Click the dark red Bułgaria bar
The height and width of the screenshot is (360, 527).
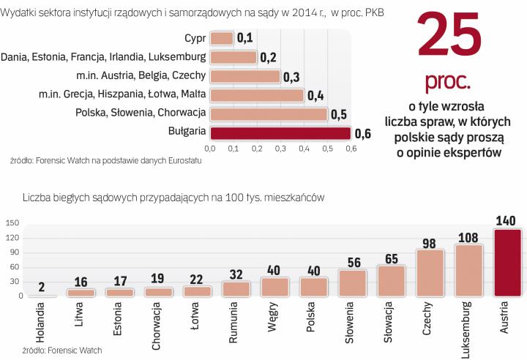(x=280, y=132)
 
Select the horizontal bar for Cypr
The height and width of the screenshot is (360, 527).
(x=222, y=38)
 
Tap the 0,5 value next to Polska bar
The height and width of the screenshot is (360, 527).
(x=338, y=114)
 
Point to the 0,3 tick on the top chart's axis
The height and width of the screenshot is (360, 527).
(x=280, y=149)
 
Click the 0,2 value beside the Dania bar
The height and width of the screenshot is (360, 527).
(x=268, y=57)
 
